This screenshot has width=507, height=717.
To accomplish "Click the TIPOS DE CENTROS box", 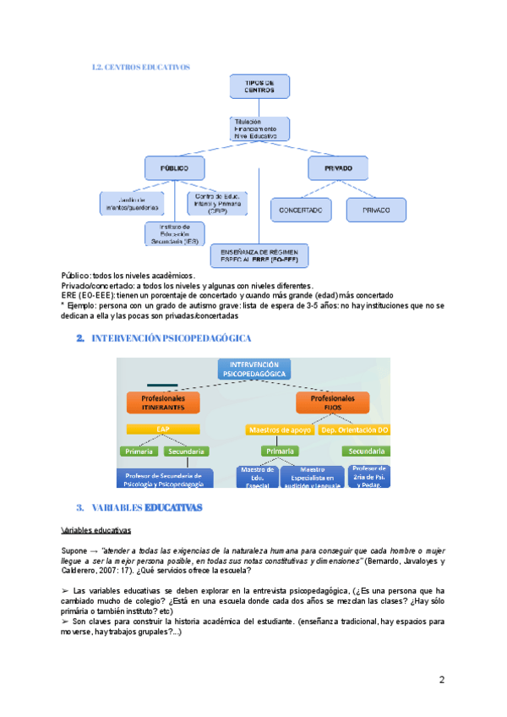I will point(259,85).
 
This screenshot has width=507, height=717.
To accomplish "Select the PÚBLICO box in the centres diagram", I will point(174,167).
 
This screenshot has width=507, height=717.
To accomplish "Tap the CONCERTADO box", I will point(301,210).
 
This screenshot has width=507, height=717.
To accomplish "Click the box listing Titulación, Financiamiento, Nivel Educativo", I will point(259,128).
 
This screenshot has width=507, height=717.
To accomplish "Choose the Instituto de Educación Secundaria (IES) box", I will point(174,234).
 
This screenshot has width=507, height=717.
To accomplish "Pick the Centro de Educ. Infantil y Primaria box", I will point(217,203).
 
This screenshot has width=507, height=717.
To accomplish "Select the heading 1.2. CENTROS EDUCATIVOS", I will point(140,67).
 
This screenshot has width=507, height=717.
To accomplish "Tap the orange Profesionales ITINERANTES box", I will point(162,402).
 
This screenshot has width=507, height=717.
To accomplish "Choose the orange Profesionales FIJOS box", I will point(333,402).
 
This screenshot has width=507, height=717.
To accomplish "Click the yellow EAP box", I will point(162,430).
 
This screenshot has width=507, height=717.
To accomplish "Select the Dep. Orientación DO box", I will point(354,430).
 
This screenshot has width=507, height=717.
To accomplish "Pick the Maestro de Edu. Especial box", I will point(256,477).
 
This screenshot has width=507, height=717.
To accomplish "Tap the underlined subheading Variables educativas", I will point(96,531).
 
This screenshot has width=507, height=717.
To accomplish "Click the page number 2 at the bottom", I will point(441,680).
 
